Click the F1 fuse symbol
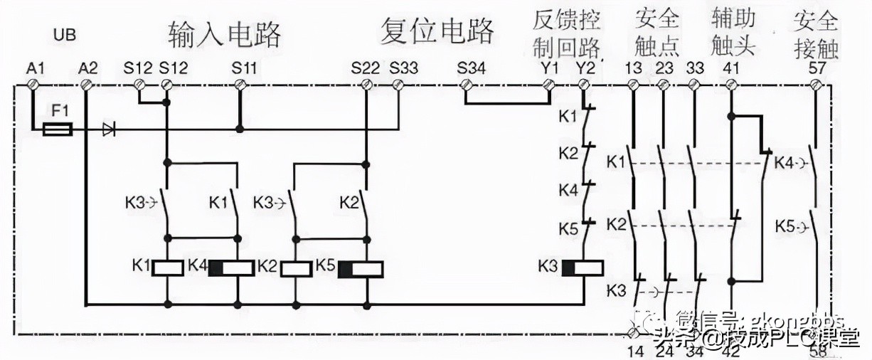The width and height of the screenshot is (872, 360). [x=58, y=129]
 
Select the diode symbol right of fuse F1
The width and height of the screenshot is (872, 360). [x=109, y=129]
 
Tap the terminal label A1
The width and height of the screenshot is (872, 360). [x=36, y=68]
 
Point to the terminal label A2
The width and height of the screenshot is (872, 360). [x=88, y=68]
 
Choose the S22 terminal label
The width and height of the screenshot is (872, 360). [x=366, y=68]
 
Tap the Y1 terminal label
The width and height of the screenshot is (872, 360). [x=550, y=68]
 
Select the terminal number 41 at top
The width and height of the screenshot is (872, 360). [x=731, y=68]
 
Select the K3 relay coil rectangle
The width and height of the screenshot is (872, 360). [x=582, y=268]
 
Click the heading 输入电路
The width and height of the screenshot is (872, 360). [x=225, y=32]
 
